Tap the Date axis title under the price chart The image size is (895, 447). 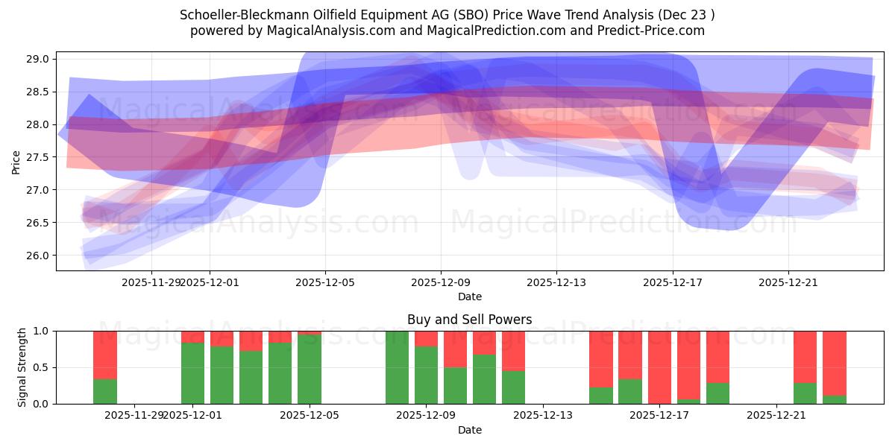click(469, 297)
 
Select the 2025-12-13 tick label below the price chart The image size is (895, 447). click(556, 283)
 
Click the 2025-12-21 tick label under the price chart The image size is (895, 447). click(788, 283)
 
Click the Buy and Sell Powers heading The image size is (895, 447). click(469, 320)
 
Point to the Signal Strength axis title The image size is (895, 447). click(22, 367)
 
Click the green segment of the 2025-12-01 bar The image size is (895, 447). click(192, 372)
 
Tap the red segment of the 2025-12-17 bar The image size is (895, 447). click(659, 365)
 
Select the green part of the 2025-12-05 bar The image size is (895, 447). click(310, 369)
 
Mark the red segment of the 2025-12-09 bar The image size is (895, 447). click(426, 338)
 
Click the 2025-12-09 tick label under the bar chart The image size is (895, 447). click(426, 416)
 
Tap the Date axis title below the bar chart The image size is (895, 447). click(469, 430)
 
